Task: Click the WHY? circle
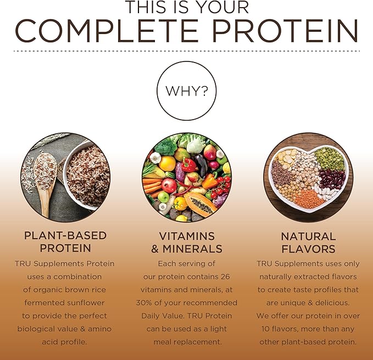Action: click(x=186, y=90)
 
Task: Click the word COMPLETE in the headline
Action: click(x=122, y=31)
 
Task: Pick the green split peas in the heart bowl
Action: click(x=328, y=159)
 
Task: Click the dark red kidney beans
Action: click(x=331, y=181)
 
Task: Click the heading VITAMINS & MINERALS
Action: click(x=186, y=242)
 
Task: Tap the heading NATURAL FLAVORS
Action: click(x=308, y=242)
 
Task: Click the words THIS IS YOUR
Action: click(x=186, y=8)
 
